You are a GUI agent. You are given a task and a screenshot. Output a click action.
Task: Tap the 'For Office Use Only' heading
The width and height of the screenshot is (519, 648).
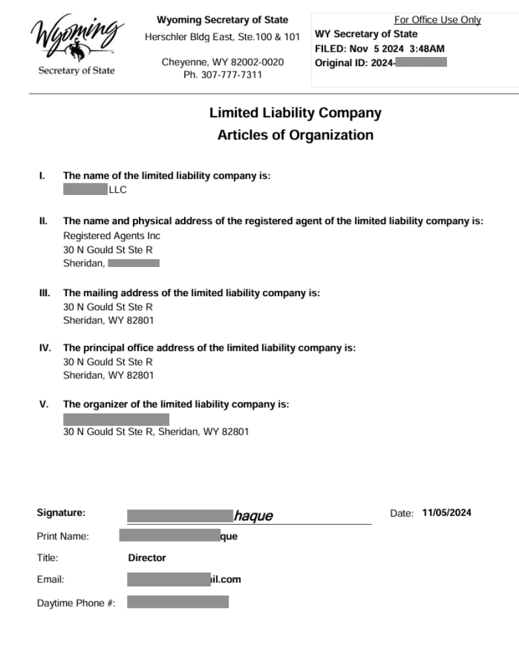pos(437,20)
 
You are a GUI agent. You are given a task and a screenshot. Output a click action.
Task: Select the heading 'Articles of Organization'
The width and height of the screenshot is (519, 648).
pos(295,135)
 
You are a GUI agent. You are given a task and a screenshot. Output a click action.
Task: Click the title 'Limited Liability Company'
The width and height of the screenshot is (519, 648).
pos(295,113)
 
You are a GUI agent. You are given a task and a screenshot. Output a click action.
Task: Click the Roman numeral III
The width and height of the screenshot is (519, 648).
pos(45,293)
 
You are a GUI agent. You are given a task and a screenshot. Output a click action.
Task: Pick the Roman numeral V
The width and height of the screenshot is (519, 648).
pos(44,404)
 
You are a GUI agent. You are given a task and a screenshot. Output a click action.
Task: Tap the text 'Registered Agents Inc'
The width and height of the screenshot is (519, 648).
pos(112,236)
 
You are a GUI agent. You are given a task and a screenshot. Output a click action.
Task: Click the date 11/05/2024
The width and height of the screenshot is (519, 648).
pos(446,513)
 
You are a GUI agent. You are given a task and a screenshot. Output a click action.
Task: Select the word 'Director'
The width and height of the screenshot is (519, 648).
pos(147,558)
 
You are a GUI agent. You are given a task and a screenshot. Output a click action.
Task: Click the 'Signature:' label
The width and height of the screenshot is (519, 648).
pos(61,513)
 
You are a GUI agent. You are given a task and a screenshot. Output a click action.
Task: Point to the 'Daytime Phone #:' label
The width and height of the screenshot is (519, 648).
pos(76,603)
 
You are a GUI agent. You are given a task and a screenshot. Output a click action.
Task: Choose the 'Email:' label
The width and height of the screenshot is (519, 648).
pos(51,580)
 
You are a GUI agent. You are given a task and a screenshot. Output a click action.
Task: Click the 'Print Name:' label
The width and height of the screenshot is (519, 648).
pos(63,536)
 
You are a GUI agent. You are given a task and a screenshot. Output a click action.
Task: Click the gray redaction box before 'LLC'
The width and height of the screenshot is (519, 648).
pos(85,190)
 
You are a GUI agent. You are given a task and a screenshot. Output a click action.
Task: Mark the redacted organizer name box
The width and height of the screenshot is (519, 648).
pos(116,419)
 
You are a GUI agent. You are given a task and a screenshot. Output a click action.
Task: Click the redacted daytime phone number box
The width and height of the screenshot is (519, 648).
pos(178,603)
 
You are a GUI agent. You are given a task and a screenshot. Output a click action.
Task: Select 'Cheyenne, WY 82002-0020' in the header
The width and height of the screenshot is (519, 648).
pos(223,62)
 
